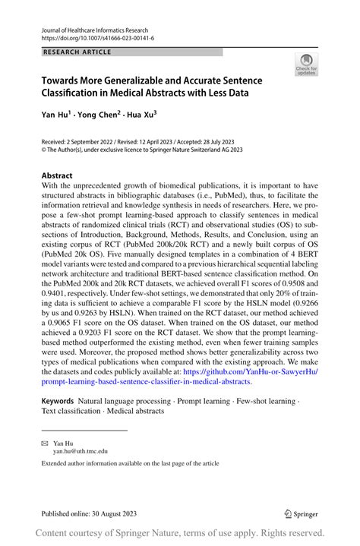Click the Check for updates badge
pyautogui.click(x=306, y=64)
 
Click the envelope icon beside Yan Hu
pyautogui.click(x=45, y=441)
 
